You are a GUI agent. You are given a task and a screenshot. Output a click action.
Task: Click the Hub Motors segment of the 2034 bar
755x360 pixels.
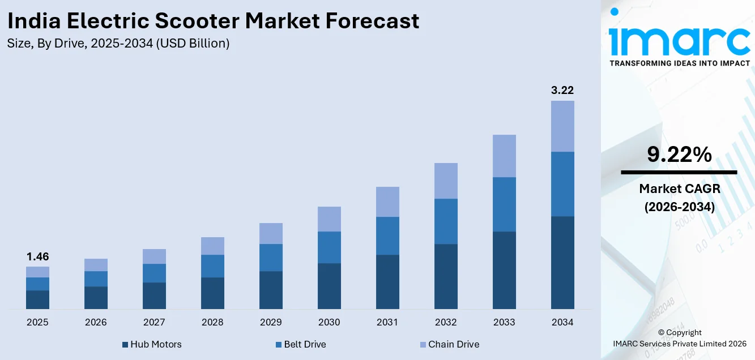tap(562, 263)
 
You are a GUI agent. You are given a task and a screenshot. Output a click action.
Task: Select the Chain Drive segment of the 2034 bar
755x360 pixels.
tap(562, 126)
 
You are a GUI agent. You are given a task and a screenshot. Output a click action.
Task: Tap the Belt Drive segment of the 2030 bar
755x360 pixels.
tap(329, 247)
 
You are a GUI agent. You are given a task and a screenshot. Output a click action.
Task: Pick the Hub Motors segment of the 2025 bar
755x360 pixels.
tap(37, 299)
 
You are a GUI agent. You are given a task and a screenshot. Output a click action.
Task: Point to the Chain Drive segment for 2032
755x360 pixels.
tap(446, 181)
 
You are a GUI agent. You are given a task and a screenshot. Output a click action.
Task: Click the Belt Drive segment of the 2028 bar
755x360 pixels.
tap(212, 266)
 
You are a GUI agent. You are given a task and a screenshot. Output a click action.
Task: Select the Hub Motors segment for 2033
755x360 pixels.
tap(504, 270)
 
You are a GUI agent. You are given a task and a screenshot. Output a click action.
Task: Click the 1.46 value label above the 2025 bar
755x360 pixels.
tap(37, 257)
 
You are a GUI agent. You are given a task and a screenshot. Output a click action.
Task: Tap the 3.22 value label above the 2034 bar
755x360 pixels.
tap(562, 91)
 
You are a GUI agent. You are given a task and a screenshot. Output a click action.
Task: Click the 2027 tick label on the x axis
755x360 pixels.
tap(154, 322)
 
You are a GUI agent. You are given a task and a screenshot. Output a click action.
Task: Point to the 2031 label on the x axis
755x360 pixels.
tap(387, 322)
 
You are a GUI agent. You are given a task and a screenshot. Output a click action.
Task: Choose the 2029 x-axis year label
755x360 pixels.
tap(271, 322)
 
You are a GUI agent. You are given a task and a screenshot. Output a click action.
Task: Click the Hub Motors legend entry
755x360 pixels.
tap(152, 344)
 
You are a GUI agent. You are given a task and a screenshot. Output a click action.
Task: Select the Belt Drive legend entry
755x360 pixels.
tap(301, 344)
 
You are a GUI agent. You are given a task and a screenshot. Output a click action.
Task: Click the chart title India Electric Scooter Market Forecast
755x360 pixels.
tap(214, 21)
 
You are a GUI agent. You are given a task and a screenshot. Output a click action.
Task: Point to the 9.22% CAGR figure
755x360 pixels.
tap(679, 155)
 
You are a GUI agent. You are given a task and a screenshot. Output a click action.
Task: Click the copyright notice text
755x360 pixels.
tap(679, 338)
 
